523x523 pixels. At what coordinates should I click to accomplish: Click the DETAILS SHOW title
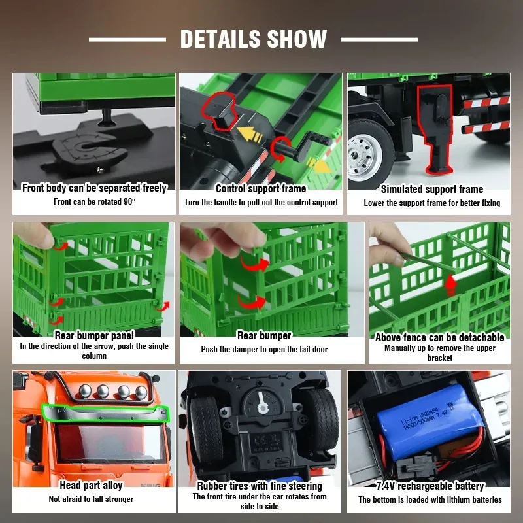(x=254, y=39)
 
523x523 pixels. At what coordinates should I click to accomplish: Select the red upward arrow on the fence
(x=450, y=284)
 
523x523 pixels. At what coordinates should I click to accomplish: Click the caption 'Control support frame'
(x=261, y=188)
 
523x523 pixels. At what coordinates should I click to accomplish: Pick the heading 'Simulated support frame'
(x=432, y=189)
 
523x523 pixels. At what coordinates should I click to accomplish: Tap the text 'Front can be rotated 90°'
(x=94, y=201)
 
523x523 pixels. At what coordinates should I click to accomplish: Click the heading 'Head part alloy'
(x=91, y=485)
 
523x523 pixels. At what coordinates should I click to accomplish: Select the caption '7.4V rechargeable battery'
(x=430, y=486)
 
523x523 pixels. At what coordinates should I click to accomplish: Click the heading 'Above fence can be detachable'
(x=439, y=337)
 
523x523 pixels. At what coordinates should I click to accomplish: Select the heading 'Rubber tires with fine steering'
(x=260, y=486)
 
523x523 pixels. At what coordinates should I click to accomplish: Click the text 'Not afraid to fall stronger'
(x=91, y=499)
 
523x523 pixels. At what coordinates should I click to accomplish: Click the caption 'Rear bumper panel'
(x=94, y=335)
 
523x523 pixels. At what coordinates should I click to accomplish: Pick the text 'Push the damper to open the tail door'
(x=264, y=349)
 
